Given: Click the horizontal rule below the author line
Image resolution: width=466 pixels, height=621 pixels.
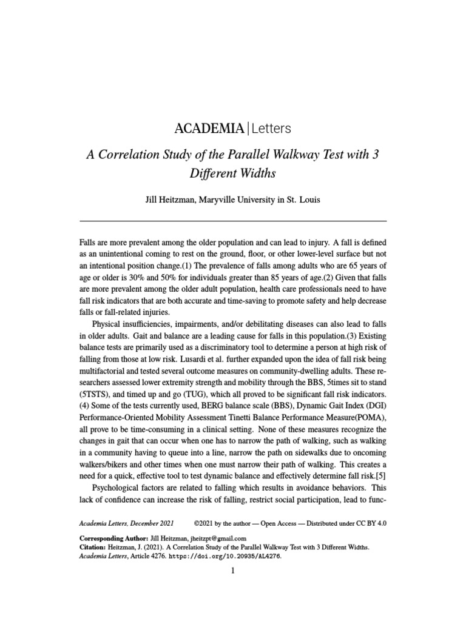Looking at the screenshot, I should [x=233, y=221].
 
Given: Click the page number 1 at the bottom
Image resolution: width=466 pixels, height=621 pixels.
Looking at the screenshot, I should [x=233, y=571].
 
